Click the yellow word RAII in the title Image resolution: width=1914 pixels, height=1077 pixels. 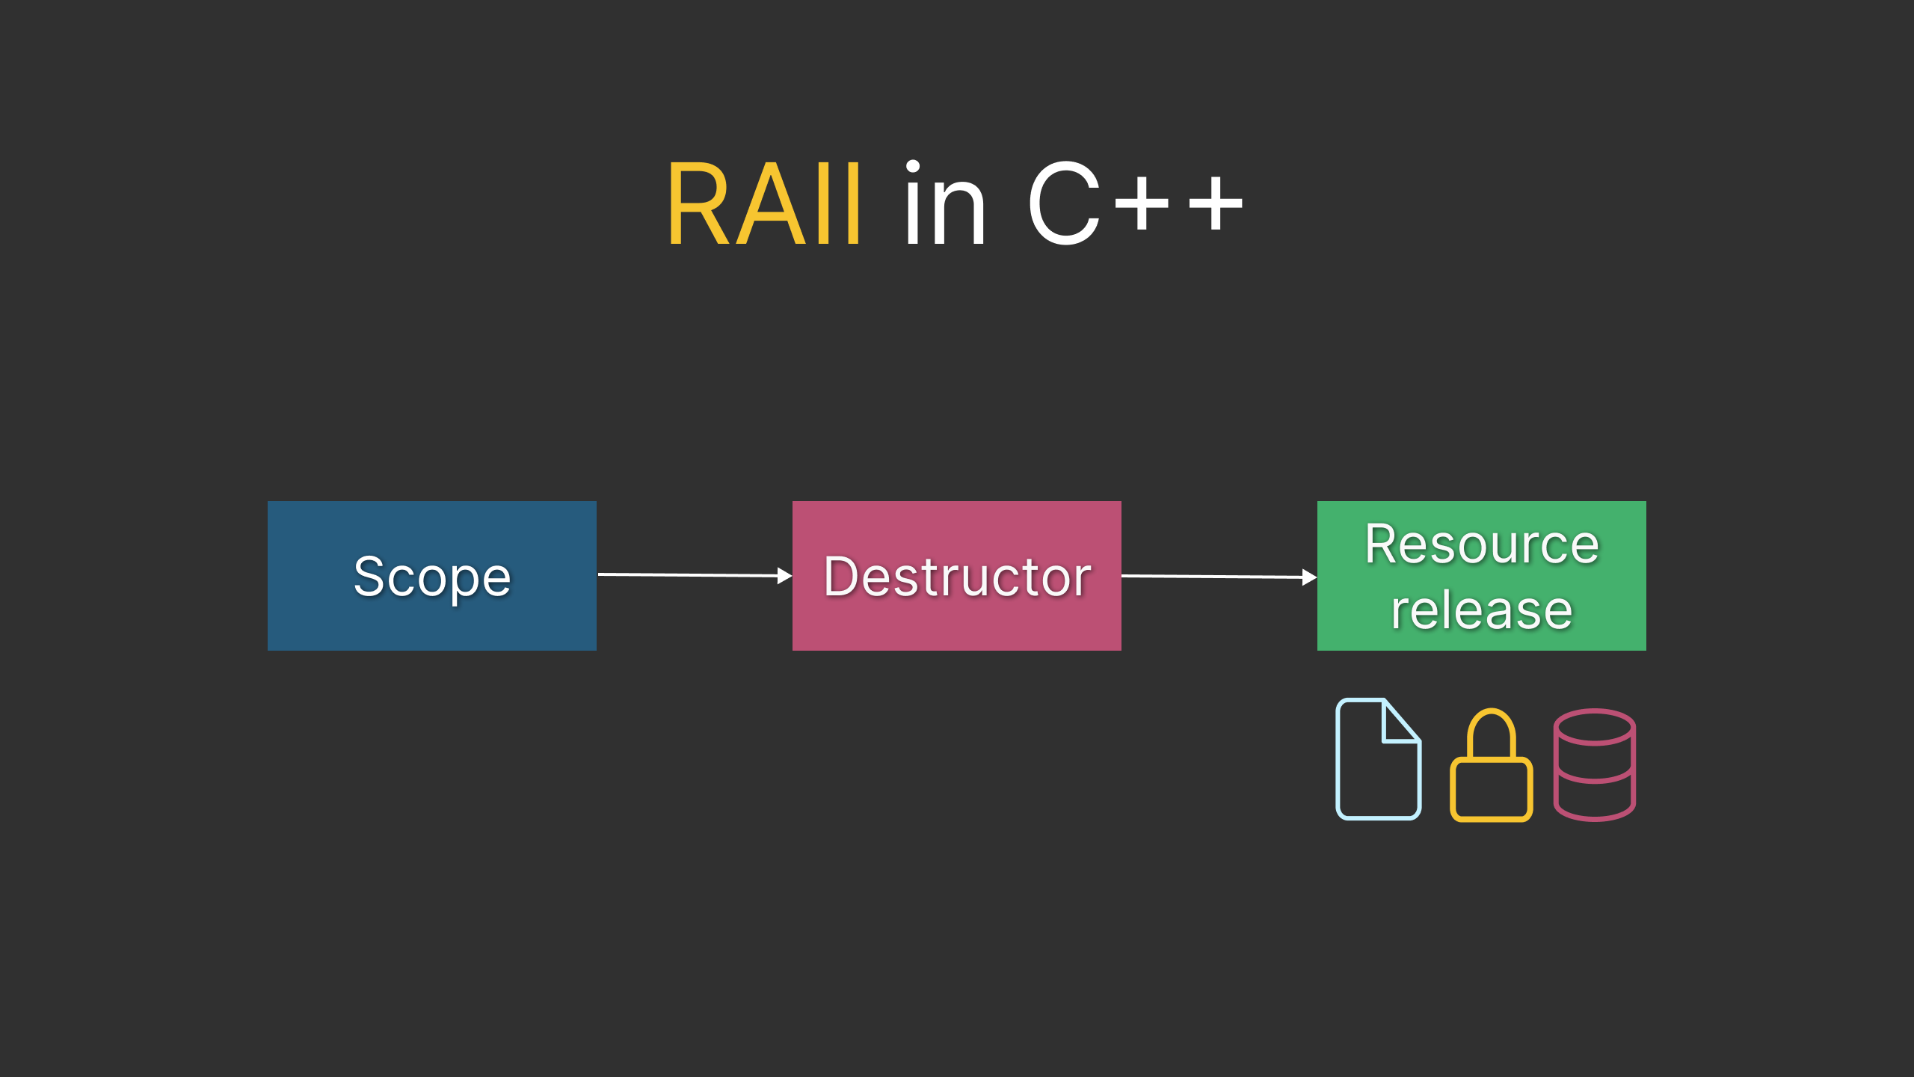pos(764,205)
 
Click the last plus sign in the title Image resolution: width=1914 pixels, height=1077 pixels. pos(1216,203)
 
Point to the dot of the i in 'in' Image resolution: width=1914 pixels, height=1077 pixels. pos(913,168)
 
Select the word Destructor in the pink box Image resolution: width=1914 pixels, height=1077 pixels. pos(957,577)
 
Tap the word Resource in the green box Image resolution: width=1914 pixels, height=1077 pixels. pos(1481,544)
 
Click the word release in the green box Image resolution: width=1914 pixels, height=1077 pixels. pos(1481,610)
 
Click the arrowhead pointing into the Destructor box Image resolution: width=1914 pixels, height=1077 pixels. pos(784,576)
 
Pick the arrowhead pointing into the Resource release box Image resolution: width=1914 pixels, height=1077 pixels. pos(1309,577)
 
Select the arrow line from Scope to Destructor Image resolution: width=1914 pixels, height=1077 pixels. pos(688,575)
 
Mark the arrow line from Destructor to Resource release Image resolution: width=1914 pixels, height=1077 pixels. pos(1211,577)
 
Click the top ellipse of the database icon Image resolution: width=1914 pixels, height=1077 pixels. pos(1594,727)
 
